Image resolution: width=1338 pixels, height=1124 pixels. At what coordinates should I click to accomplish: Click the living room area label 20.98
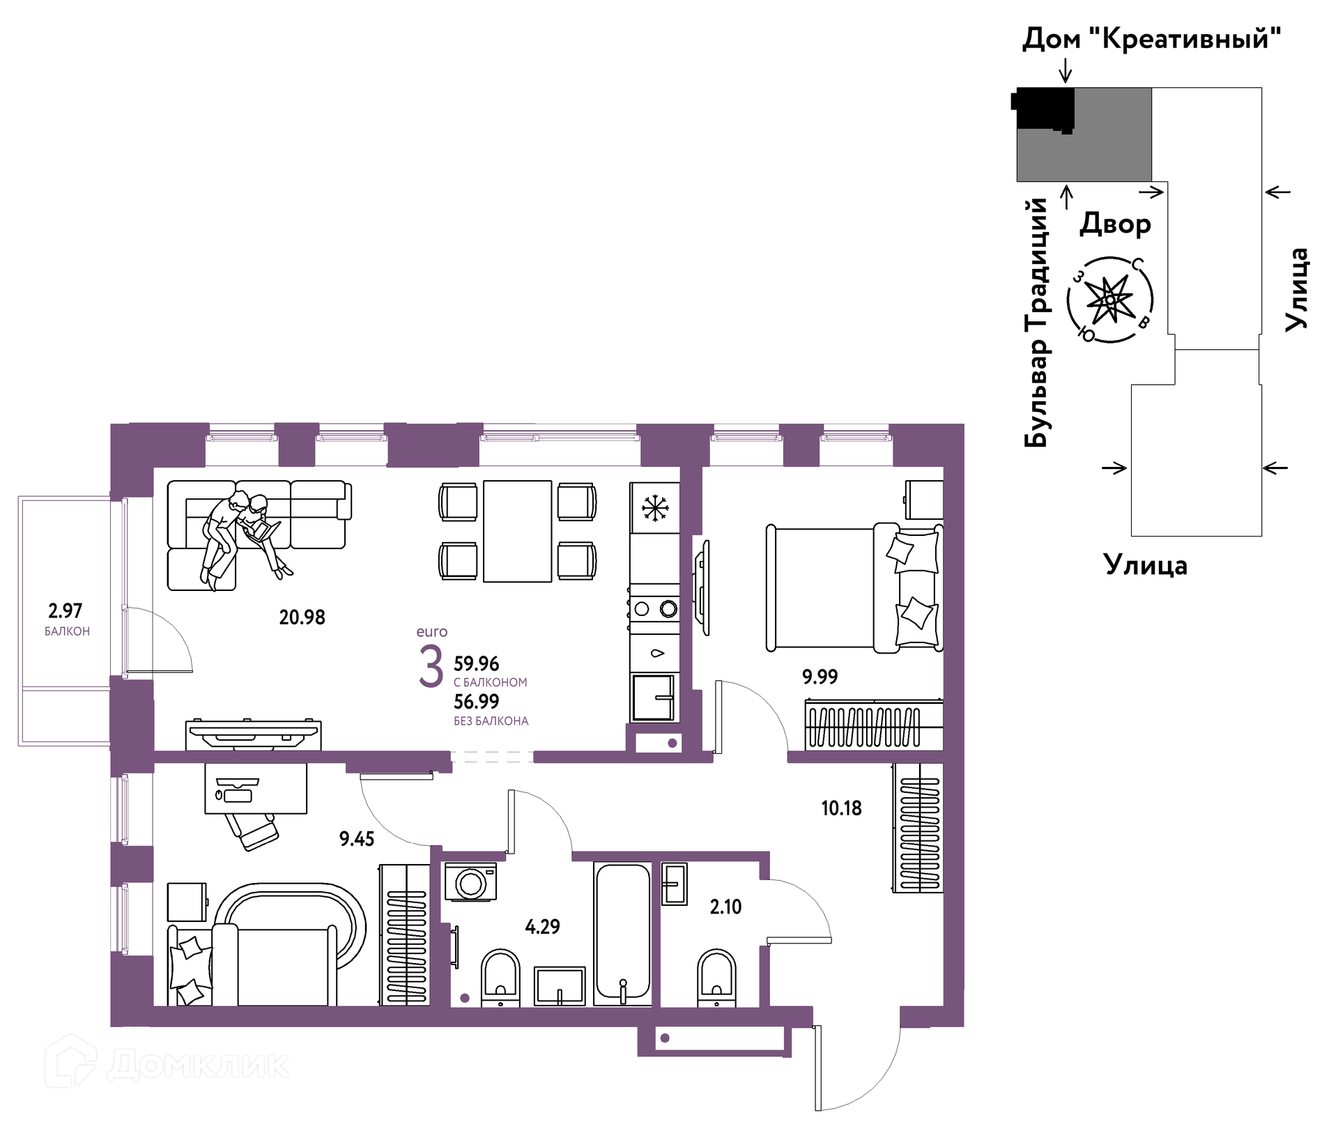coord(302,617)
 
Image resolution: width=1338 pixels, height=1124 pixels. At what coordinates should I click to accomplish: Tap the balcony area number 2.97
coord(65,610)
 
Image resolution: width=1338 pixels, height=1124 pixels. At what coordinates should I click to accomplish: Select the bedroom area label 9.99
coord(820,676)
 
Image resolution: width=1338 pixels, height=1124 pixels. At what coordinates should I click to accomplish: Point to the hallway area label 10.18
coord(841,808)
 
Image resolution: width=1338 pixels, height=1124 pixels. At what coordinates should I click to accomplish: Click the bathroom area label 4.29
coord(542,926)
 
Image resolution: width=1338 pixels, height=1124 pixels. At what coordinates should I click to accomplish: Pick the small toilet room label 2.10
coord(725,907)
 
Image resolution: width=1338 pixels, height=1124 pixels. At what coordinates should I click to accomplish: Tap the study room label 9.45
coord(357,838)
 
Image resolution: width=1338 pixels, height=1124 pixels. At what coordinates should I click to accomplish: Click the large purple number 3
coord(431,666)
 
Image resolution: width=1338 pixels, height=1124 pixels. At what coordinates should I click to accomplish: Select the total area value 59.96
coord(476,663)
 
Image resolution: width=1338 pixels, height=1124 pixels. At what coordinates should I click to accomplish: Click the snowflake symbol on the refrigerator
coord(655,508)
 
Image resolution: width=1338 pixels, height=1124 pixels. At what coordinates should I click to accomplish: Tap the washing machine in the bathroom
coord(470,882)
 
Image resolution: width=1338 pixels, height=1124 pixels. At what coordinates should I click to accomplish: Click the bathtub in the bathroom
coord(623,934)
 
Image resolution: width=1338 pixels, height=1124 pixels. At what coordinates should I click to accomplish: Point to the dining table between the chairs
coord(517,531)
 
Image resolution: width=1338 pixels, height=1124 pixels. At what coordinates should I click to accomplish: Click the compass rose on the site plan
coord(1109,300)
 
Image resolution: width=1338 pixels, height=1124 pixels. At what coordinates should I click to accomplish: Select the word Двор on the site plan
coord(1115,224)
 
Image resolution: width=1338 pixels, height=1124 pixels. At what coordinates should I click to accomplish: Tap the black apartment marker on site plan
coord(1043,109)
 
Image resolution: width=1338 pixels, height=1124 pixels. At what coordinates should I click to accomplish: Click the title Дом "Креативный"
coord(1151,39)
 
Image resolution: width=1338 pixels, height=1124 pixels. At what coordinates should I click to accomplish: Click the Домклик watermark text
coord(198,1064)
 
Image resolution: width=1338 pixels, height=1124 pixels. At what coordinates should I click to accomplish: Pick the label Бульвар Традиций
coord(1036,323)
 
